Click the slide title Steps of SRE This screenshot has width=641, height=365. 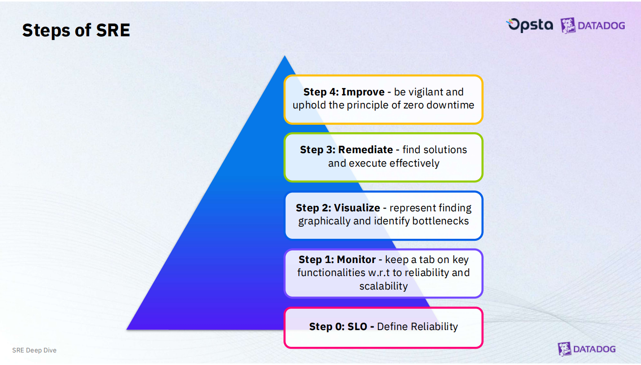point(76,30)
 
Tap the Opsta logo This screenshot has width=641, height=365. point(529,25)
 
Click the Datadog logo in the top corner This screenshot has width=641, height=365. point(593,26)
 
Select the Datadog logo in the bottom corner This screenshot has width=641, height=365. point(587,349)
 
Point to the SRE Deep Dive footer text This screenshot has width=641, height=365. point(34,350)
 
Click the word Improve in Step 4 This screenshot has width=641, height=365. point(363,92)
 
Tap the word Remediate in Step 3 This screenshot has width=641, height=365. point(365,150)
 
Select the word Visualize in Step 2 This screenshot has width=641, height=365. point(357,208)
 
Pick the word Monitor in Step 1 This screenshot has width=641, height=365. point(356,259)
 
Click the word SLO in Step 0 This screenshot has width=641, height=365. point(357,327)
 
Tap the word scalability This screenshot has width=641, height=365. point(384,286)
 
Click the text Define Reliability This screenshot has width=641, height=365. point(417,327)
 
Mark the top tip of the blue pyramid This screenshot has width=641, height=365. point(285,56)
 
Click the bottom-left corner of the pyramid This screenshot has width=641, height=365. point(127,330)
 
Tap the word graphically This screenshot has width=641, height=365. point(324,221)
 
